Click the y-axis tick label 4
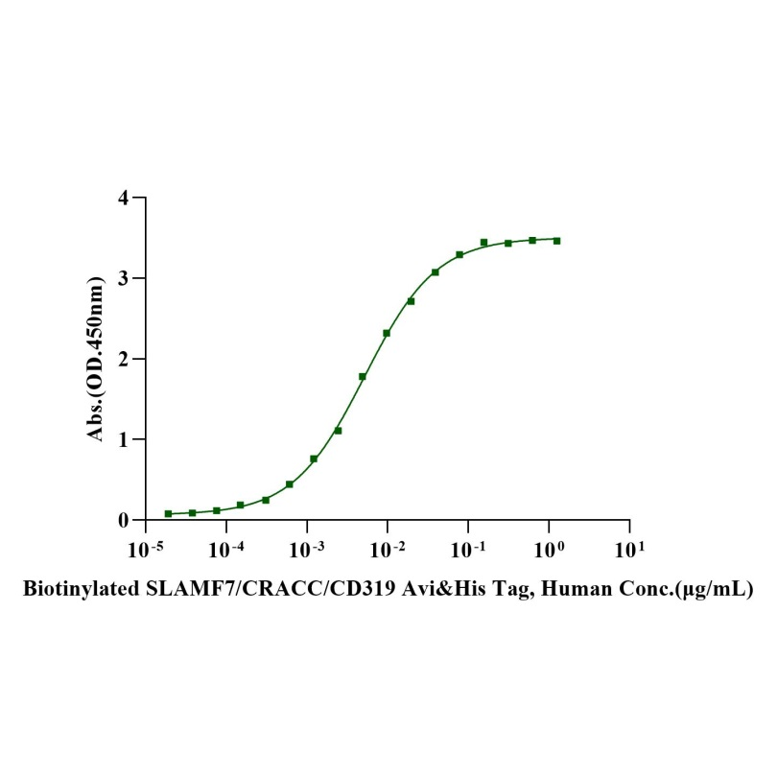point(124,199)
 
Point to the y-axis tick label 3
point(124,279)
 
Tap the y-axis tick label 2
point(124,360)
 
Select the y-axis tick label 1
point(124,440)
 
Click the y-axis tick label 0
point(124,521)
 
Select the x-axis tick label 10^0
point(549,550)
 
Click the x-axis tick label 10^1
point(629,550)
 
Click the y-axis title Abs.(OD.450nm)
point(96,360)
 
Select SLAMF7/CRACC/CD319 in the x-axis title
point(240,588)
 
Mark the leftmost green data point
point(168,514)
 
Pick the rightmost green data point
point(556,241)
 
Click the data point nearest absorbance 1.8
point(363,376)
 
